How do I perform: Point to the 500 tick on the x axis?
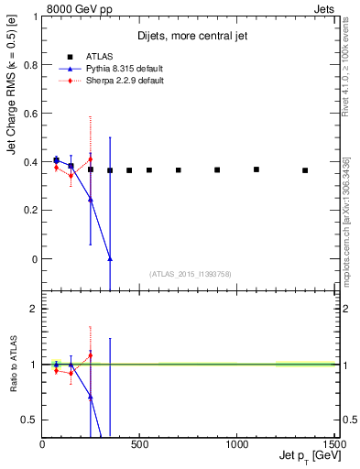(139, 444)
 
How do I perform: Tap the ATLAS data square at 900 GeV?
(217, 169)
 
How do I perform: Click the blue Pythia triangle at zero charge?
(110, 258)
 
